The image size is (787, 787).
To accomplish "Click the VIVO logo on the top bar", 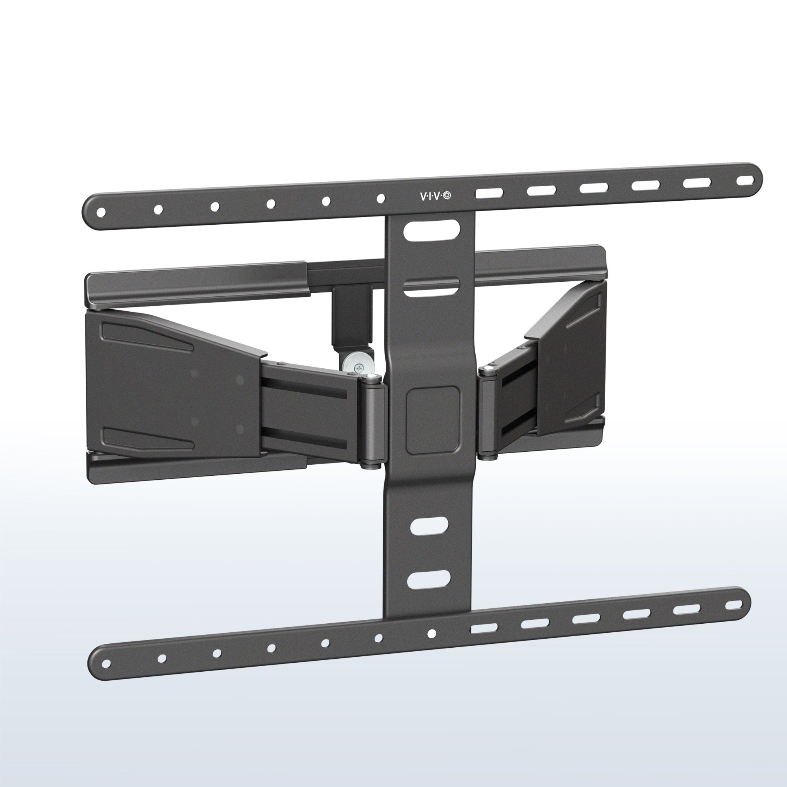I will (436, 196).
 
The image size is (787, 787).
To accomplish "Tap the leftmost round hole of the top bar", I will (102, 212).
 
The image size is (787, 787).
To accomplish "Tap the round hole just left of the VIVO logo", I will (381, 199).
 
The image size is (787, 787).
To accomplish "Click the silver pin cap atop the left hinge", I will (370, 377).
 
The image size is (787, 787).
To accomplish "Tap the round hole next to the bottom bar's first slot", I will (432, 634).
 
